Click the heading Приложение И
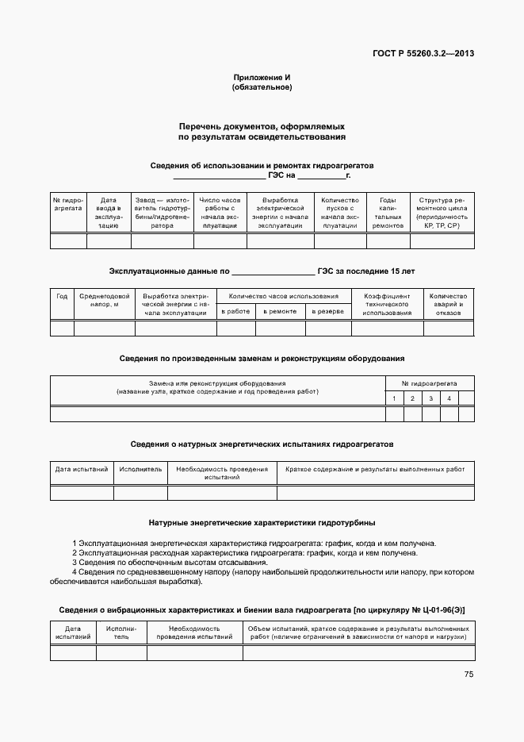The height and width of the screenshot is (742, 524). [x=262, y=77]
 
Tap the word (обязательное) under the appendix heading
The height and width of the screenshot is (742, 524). [x=262, y=87]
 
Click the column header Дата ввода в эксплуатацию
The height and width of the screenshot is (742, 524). [x=109, y=213]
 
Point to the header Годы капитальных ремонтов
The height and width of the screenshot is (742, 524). [x=388, y=213]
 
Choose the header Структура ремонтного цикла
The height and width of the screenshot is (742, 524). [x=442, y=213]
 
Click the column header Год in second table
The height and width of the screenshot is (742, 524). [x=62, y=296]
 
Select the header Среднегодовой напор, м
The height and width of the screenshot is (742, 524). [x=104, y=300]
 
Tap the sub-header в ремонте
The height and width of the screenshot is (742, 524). [x=281, y=311]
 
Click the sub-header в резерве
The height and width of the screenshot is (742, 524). [x=327, y=311]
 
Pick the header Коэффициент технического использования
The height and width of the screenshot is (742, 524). [x=387, y=304]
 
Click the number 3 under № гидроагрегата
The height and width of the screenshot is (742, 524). [x=430, y=398]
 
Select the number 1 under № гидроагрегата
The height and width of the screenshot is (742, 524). [x=394, y=398]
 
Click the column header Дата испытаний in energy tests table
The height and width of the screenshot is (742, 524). [x=82, y=469]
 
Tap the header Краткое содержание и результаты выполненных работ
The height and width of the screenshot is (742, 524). [x=375, y=469]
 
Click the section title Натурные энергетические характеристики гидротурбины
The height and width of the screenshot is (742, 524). [x=262, y=523]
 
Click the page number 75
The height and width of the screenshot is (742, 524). [x=469, y=675]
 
